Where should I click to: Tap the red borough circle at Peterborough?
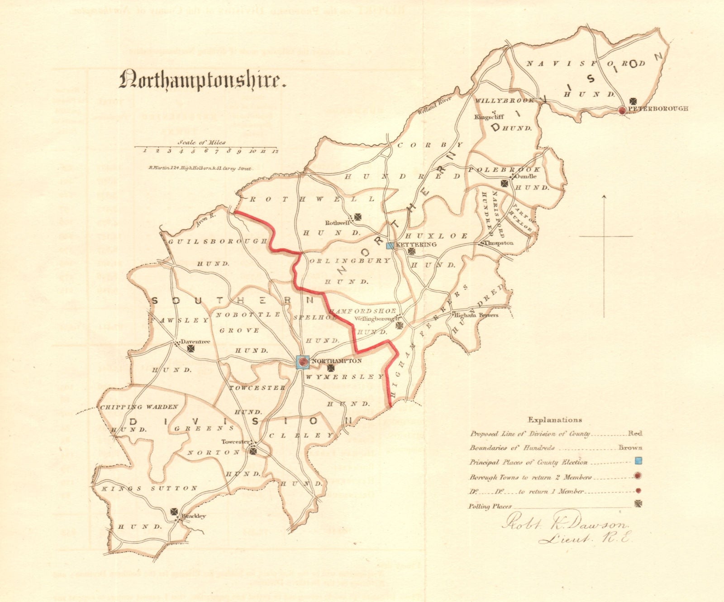(623, 110)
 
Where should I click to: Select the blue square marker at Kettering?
(390, 246)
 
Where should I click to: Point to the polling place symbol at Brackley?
(175, 511)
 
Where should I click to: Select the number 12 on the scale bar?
(274, 151)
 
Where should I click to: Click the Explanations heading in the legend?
(555, 420)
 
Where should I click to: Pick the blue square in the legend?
(638, 462)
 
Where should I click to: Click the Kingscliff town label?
(489, 117)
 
